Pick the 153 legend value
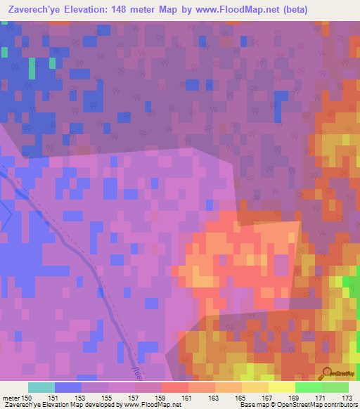point(81,398)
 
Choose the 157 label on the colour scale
point(134,398)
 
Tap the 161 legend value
point(188,398)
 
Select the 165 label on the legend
point(241,398)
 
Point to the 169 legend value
point(294,398)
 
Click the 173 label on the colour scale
point(347,398)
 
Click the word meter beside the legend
point(10,398)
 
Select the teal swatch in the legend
point(41,387)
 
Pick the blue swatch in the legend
point(67,387)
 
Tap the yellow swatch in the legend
point(281,387)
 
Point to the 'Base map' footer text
point(253,405)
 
